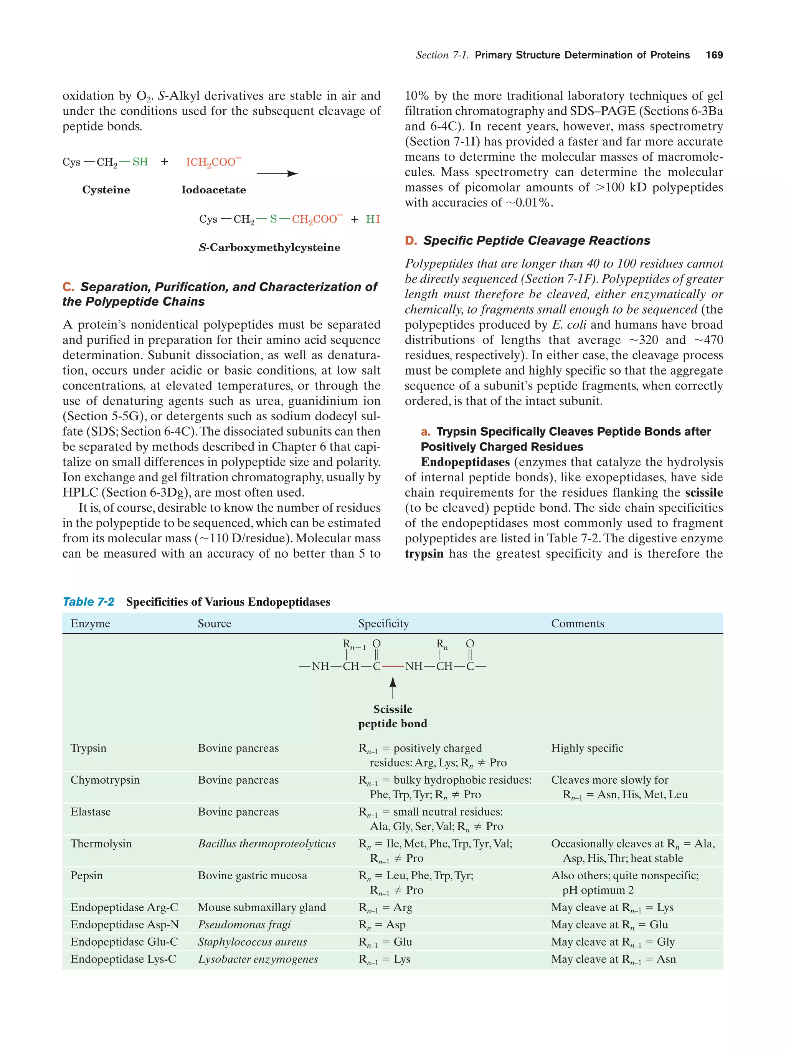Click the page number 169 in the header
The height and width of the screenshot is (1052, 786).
tap(714, 55)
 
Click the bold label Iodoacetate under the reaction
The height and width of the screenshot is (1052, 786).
tap(213, 190)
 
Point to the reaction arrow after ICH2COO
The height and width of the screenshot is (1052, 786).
tap(277, 174)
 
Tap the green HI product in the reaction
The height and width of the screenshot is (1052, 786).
tap(373, 219)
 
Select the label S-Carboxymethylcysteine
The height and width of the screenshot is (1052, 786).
tap(269, 247)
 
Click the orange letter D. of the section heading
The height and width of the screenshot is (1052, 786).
tap(410, 241)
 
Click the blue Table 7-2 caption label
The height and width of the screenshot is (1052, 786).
tap(88, 602)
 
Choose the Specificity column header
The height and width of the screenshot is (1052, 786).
tap(383, 624)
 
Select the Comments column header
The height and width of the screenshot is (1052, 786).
tap(577, 624)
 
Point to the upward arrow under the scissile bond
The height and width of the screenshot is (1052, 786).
tap(393, 688)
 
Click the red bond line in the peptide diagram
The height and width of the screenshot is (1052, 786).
tap(393, 666)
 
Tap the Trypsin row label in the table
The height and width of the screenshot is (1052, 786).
tap(88, 748)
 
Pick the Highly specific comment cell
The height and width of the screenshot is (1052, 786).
tap(587, 748)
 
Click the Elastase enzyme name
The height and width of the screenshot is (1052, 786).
tap(90, 812)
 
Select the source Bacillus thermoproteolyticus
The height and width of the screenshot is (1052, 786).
tap(266, 844)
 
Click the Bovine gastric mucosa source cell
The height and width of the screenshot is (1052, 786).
tap(252, 875)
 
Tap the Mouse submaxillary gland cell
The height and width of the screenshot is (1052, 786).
tap(261, 907)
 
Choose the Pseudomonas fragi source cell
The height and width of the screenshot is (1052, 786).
tap(244, 925)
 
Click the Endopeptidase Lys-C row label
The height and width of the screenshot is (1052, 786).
tap(123, 959)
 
